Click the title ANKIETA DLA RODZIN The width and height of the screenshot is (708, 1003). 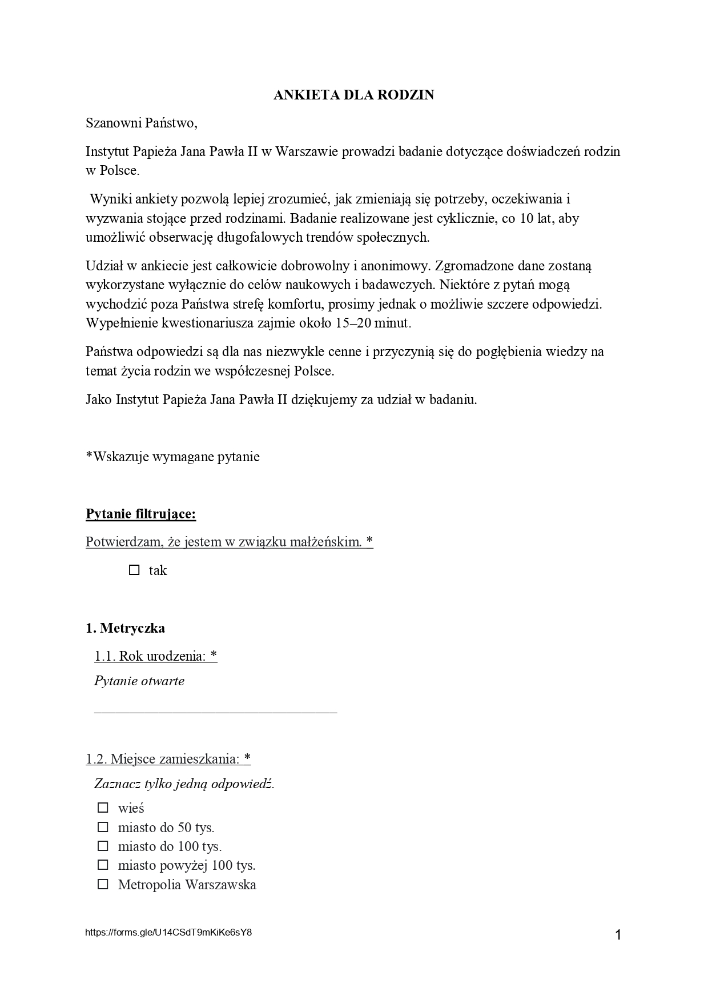[353, 95]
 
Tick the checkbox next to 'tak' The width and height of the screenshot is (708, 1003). [134, 570]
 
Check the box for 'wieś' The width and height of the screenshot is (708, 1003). [103, 808]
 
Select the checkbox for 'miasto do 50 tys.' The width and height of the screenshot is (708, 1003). [103, 827]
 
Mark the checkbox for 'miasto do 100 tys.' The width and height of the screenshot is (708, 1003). [103, 846]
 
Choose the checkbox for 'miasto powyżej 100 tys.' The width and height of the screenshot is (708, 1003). [103, 865]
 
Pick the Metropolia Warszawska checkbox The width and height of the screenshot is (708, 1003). [103, 884]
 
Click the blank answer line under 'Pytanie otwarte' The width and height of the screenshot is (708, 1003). [215, 710]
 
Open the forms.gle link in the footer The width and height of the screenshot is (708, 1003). [168, 932]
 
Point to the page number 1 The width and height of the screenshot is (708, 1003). [618, 935]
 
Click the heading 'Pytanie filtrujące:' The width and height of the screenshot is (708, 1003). [140, 514]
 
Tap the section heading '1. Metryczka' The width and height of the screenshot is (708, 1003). [125, 628]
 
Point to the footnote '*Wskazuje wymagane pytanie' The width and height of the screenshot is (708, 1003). [172, 457]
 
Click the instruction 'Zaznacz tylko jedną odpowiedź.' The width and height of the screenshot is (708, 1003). [184, 784]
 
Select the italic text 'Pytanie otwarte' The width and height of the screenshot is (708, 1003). [139, 681]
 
